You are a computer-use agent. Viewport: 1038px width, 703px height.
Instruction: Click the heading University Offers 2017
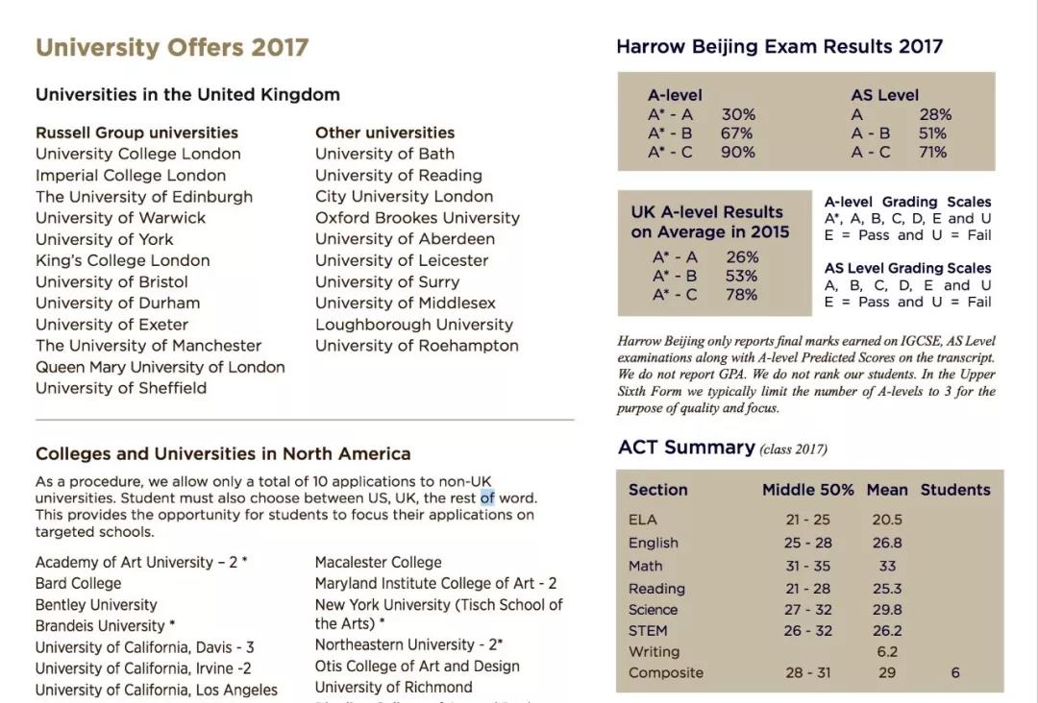pyautogui.click(x=172, y=47)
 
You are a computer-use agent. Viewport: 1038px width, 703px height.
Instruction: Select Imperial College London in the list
pyautogui.click(x=131, y=175)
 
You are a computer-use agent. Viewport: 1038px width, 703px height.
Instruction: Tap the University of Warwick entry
pyautogui.click(x=120, y=218)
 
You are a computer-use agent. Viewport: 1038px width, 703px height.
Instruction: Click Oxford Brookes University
pyautogui.click(x=417, y=218)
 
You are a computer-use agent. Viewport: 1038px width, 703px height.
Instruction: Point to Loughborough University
pyautogui.click(x=414, y=325)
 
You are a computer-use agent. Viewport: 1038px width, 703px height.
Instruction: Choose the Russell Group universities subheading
pyautogui.click(x=136, y=133)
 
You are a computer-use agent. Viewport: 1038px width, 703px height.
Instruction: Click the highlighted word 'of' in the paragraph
pyautogui.click(x=487, y=497)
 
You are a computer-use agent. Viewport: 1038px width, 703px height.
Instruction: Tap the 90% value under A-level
pyautogui.click(x=738, y=152)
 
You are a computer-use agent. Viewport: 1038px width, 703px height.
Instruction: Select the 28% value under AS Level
pyautogui.click(x=935, y=114)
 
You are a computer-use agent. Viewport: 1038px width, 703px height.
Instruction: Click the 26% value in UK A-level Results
pyautogui.click(x=743, y=257)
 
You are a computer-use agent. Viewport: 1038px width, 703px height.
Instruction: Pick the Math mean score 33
pyautogui.click(x=887, y=566)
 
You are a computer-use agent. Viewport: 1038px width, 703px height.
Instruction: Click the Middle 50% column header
pyautogui.click(x=807, y=490)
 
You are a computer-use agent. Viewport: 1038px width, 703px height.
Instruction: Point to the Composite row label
pyautogui.click(x=666, y=672)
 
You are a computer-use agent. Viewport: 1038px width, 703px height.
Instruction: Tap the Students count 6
pyautogui.click(x=955, y=672)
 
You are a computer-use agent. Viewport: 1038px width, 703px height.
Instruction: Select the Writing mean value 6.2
pyautogui.click(x=887, y=651)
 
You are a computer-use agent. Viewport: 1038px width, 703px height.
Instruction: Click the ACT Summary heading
pyautogui.click(x=686, y=448)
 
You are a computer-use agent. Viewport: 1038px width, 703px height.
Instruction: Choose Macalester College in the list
pyautogui.click(x=379, y=563)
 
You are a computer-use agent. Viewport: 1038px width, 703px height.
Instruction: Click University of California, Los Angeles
pyautogui.click(x=157, y=690)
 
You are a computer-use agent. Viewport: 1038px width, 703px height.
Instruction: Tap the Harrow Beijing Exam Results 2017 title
pyautogui.click(x=779, y=46)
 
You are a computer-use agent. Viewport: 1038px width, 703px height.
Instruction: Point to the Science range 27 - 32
pyautogui.click(x=808, y=609)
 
